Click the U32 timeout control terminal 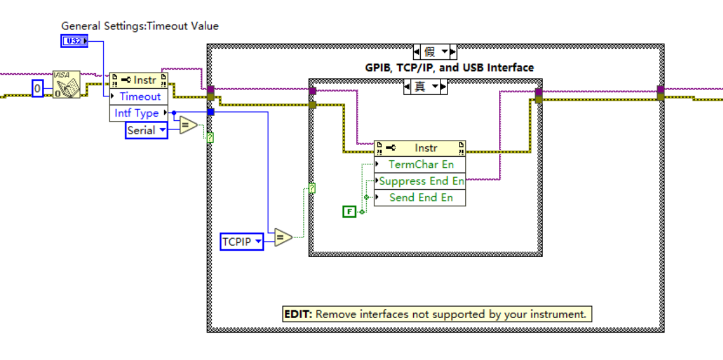(74, 41)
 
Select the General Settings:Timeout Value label (140, 26)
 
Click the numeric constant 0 (38, 89)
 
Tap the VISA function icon (66, 85)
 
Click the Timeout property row (139, 96)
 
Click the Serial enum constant (146, 131)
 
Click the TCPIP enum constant (241, 242)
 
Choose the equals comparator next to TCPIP (283, 237)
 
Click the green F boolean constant (349, 212)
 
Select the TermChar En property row (420, 164)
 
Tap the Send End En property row (420, 197)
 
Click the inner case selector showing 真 (425, 87)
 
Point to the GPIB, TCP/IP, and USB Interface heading (449, 68)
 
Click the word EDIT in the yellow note (298, 315)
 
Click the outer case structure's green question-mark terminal (210, 138)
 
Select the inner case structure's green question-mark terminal (312, 188)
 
